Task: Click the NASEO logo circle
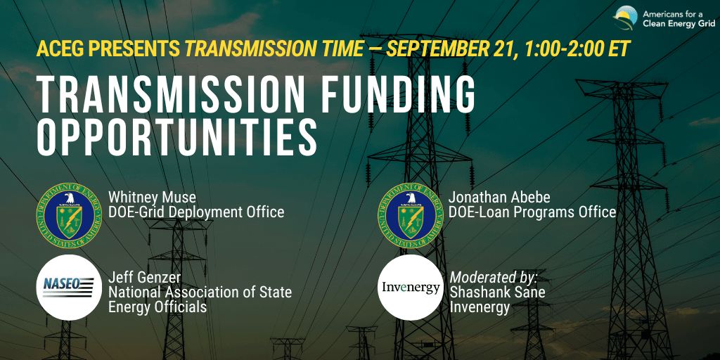(x=69, y=288)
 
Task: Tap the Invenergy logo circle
(x=411, y=288)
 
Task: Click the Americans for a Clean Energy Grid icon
(x=625, y=18)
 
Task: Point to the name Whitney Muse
(x=152, y=198)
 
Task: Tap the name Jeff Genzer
(x=145, y=277)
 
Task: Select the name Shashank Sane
(x=497, y=292)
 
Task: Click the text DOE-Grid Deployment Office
(x=196, y=212)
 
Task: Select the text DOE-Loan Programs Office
(x=533, y=212)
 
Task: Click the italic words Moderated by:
(x=494, y=277)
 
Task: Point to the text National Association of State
(x=200, y=292)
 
